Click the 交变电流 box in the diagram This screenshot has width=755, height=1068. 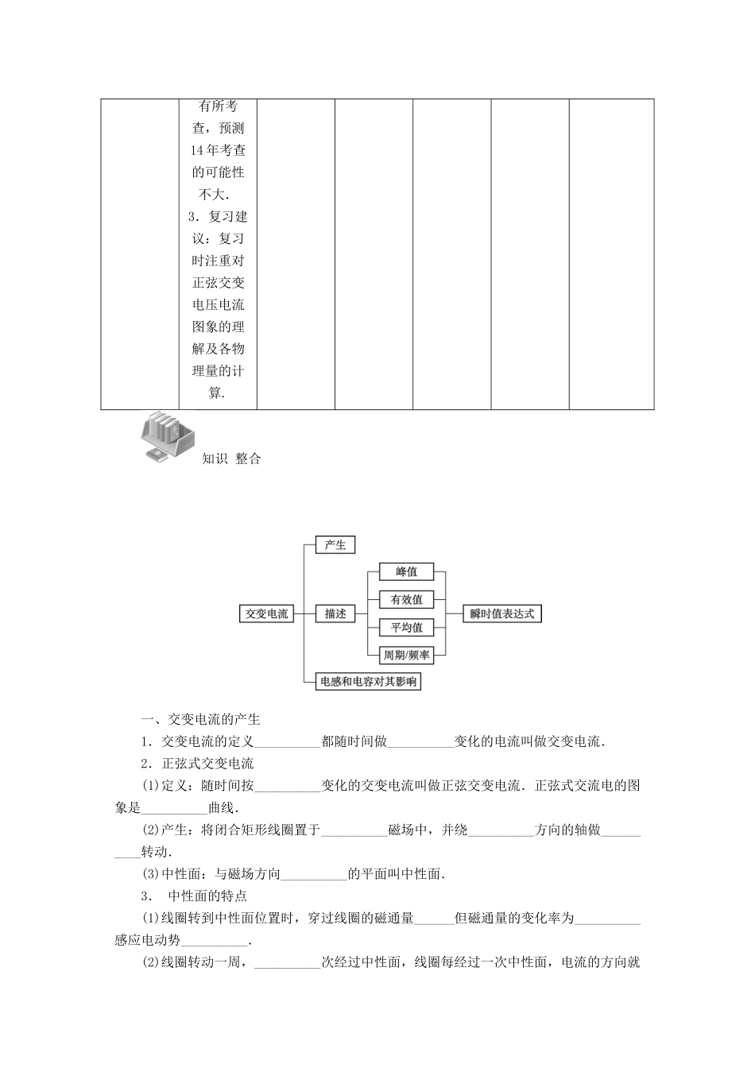[267, 614]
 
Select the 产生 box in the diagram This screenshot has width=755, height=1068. [335, 545]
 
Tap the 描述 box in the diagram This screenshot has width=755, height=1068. [335, 614]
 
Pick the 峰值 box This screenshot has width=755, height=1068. [406, 572]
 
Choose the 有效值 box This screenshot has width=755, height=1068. [406, 600]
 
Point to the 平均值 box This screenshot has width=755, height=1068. [406, 628]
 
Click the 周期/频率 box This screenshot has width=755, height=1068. [406, 656]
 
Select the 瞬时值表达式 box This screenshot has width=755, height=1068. [502, 614]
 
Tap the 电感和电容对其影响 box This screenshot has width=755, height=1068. [368, 682]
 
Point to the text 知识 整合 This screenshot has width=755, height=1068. [231, 459]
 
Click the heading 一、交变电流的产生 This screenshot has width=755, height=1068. [200, 720]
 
